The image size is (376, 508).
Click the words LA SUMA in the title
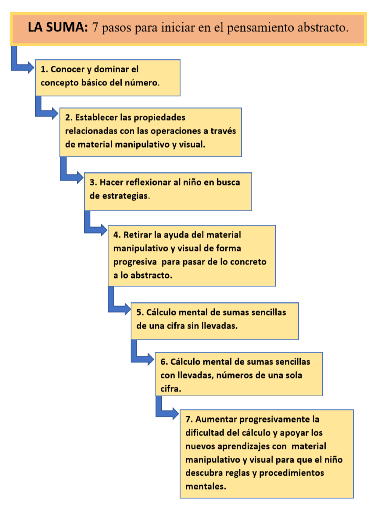coord(58,27)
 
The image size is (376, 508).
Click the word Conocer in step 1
coord(67,69)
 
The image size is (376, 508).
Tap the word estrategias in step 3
coord(125,196)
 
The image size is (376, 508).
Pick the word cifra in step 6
coord(170,389)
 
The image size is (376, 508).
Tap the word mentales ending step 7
coord(205,486)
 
